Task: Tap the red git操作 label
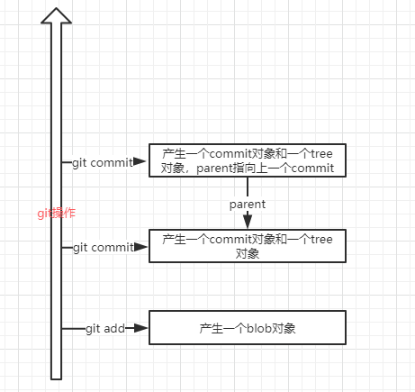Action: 56,213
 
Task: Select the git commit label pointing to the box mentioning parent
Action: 103,162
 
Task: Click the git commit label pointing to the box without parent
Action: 103,246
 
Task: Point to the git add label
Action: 105,328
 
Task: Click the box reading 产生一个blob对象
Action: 247,328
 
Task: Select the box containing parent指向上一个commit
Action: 247,161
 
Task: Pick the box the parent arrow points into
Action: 247,246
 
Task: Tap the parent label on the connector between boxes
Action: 247,204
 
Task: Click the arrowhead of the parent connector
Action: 247,222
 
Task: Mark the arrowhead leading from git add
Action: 140,328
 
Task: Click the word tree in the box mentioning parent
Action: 320,154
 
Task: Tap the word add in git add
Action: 115,328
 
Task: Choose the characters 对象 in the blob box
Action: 285,328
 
